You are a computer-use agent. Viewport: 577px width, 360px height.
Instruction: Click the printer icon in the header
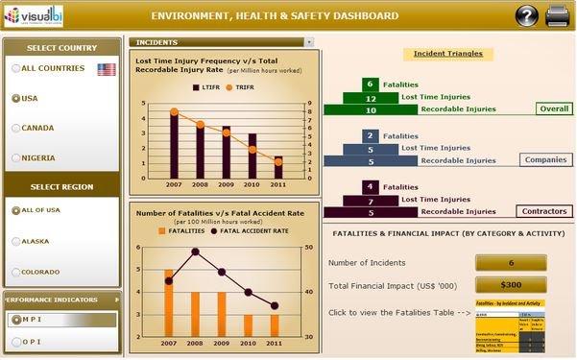click(557, 16)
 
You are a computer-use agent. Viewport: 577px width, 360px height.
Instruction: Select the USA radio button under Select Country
click(16, 98)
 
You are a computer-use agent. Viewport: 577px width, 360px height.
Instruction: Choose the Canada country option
click(16, 128)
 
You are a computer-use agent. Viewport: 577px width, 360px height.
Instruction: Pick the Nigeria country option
click(16, 157)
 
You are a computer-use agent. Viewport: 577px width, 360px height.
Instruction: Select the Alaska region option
click(16, 241)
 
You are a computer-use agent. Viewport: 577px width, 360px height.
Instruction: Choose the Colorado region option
click(16, 271)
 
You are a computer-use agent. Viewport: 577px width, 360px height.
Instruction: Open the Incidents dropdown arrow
click(308, 42)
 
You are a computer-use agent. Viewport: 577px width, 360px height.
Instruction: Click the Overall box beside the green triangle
click(552, 109)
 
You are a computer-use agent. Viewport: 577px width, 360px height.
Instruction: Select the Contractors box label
click(543, 211)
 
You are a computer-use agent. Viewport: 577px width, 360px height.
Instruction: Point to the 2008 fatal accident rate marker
click(195, 252)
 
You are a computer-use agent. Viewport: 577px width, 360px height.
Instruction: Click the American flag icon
click(107, 69)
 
